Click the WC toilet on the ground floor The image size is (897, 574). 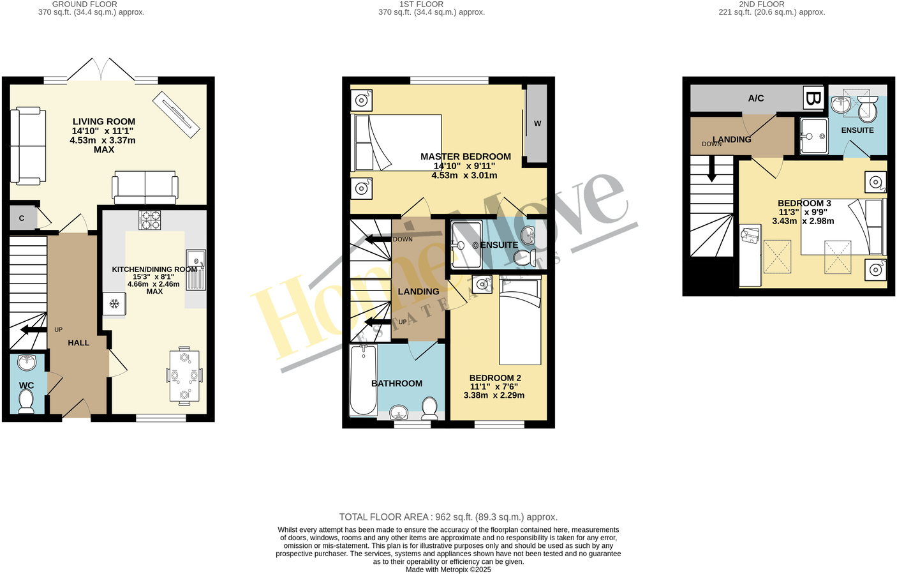[x=26, y=401]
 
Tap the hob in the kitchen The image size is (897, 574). [x=150, y=220]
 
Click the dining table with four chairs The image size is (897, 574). [x=184, y=376]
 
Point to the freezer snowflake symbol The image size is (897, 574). [x=114, y=303]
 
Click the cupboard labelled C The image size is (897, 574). [x=22, y=218]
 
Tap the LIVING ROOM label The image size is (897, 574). [x=103, y=121]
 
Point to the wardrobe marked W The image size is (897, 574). [x=537, y=123]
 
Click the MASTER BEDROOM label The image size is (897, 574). [x=465, y=156]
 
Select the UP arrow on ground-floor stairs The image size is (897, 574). [x=33, y=329]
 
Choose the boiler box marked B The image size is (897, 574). [x=813, y=98]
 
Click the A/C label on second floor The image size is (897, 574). [x=756, y=98]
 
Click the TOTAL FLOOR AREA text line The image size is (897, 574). [x=448, y=517]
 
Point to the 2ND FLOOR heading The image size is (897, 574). [x=761, y=4]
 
